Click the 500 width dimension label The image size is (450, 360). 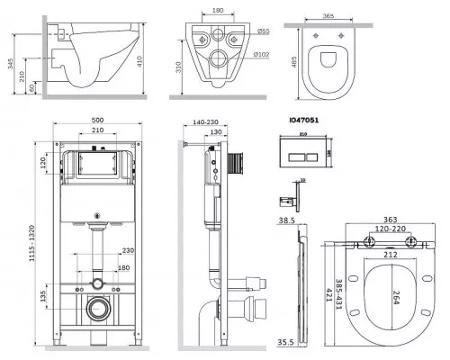click(97, 120)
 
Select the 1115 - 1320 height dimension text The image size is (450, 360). click(31, 243)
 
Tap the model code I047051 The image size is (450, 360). click(304, 120)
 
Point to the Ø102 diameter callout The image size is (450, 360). click(261, 55)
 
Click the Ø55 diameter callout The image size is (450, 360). click(263, 31)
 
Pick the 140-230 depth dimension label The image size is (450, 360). click(205, 122)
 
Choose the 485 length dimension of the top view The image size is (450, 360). click(294, 62)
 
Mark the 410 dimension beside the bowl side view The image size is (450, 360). click(139, 61)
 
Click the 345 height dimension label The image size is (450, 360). click(11, 64)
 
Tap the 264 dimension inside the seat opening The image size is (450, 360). click(396, 298)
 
